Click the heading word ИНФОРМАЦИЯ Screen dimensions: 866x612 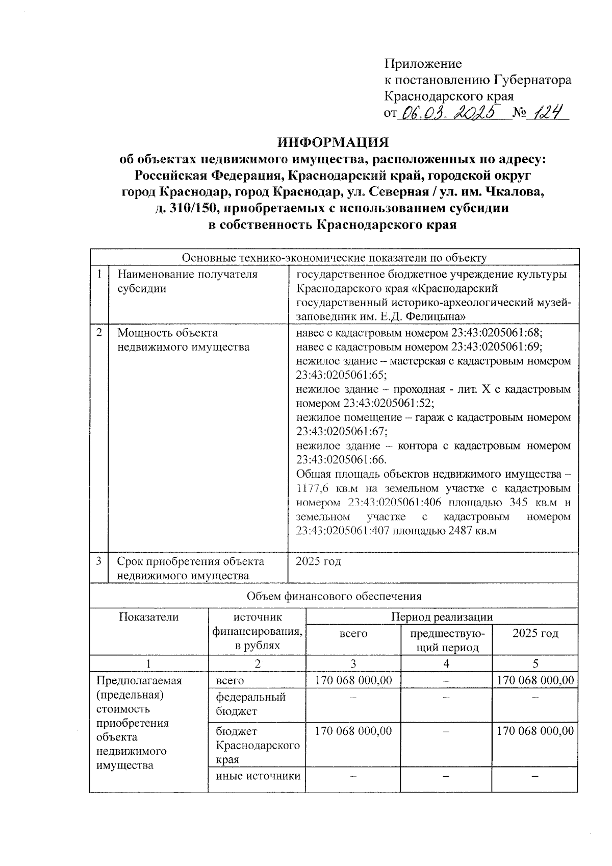[333, 142]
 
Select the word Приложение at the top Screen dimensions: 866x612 [423, 64]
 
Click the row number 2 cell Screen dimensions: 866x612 [99, 333]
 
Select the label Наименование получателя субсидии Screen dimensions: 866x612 [187, 281]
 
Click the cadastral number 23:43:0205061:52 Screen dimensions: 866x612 [388, 403]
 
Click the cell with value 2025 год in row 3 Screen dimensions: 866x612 [319, 561]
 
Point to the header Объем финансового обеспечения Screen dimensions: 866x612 [334, 596]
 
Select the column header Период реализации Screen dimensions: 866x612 [442, 616]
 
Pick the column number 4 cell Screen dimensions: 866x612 [446, 663]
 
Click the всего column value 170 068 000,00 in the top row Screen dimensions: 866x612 [353, 680]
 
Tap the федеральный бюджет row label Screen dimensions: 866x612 [250, 704]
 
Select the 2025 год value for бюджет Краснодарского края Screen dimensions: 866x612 [535, 731]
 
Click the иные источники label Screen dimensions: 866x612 [258, 776]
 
